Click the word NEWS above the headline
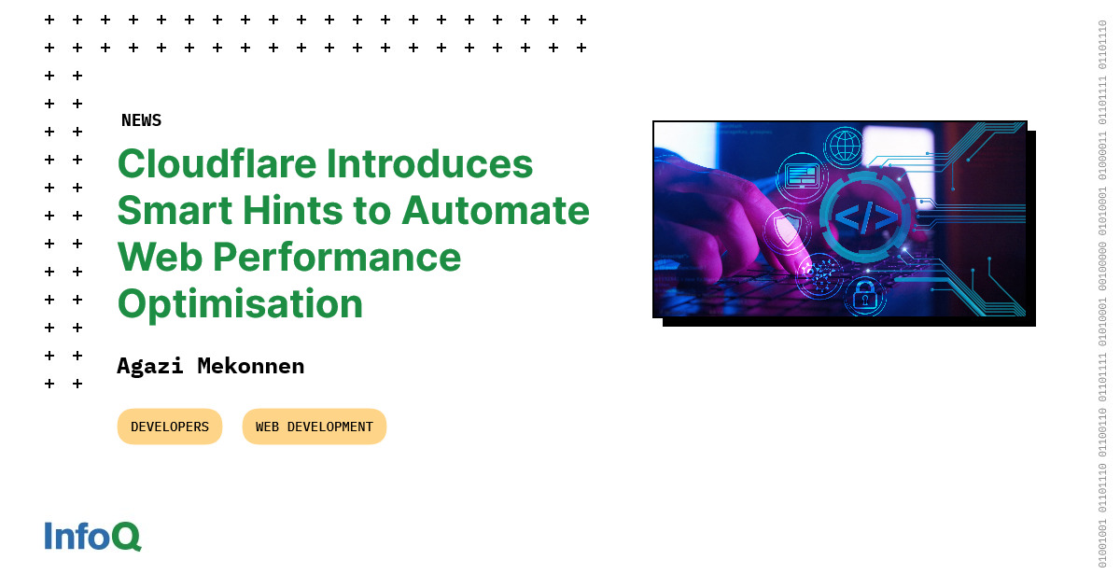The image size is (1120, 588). (141, 120)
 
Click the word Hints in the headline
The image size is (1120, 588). (295, 211)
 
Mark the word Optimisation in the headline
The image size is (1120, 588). (240, 304)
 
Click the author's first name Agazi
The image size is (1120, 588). (150, 366)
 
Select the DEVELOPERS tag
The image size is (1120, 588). (170, 427)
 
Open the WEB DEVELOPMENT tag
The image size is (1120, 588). (314, 427)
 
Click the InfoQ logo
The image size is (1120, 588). (92, 537)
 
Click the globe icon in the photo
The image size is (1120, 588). (846, 147)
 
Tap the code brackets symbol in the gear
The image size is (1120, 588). (865, 217)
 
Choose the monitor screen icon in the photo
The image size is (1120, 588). (802, 175)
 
